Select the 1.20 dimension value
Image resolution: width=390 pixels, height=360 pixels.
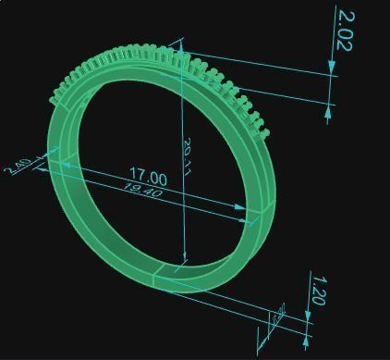pos(317,290)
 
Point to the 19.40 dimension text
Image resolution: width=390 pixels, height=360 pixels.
pos(142,191)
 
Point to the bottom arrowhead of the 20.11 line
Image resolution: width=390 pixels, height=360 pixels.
pos(185,259)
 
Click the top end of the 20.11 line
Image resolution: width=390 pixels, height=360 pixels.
pos(182,42)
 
